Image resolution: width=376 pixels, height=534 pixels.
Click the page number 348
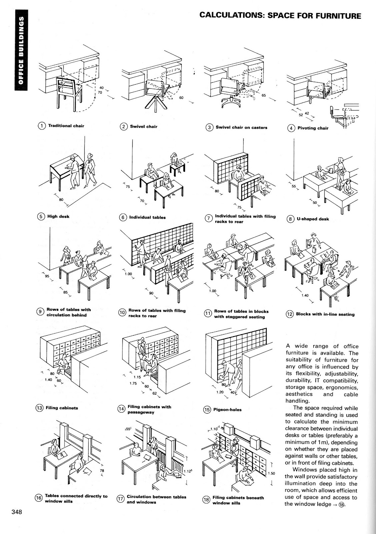(x=17, y=512)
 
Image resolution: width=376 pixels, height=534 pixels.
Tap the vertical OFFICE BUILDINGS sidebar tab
(x=21, y=50)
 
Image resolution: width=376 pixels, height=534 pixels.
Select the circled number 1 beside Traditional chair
(x=41, y=126)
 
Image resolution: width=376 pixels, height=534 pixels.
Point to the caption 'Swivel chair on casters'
(x=241, y=127)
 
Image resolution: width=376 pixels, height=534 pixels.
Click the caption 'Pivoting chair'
(x=313, y=128)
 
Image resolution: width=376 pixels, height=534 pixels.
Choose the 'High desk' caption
(x=58, y=216)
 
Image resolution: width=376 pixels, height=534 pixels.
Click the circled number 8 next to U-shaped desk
(x=291, y=219)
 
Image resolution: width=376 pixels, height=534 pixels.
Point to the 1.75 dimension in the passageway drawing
(x=134, y=383)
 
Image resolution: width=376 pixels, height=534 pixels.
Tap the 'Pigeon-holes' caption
(x=227, y=410)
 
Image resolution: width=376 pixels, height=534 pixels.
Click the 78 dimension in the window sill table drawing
(x=102, y=471)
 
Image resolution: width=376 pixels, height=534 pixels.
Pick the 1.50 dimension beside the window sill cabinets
(x=272, y=473)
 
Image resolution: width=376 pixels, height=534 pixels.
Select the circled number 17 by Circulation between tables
(x=120, y=499)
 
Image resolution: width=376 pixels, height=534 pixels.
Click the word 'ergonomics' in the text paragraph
(x=343, y=387)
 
